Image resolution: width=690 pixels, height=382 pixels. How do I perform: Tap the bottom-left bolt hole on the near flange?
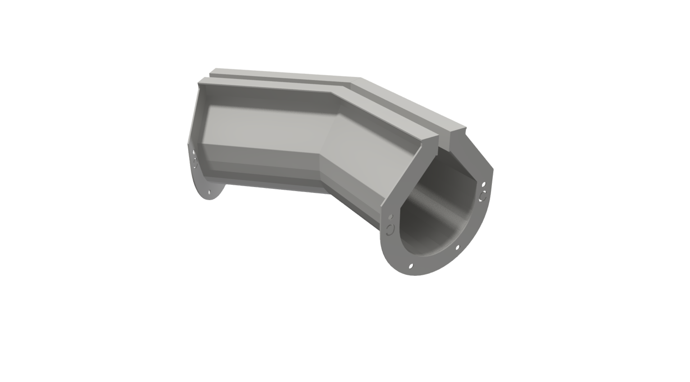coord(410,266)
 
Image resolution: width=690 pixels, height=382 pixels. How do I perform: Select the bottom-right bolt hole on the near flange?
coord(458,247)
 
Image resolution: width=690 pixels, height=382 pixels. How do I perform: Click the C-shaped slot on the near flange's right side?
coord(483,196)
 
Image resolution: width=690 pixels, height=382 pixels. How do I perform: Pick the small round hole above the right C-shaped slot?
coord(484,184)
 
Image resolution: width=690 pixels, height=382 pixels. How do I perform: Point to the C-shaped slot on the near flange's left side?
coord(389,230)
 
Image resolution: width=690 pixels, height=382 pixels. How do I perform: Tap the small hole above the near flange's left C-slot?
coord(390,218)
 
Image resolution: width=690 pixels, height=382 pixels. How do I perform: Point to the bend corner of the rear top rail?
coord(360,78)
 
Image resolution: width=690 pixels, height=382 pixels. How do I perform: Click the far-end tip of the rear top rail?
coord(212,71)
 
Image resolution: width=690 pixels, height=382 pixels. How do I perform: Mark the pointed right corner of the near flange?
coord(492,170)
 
